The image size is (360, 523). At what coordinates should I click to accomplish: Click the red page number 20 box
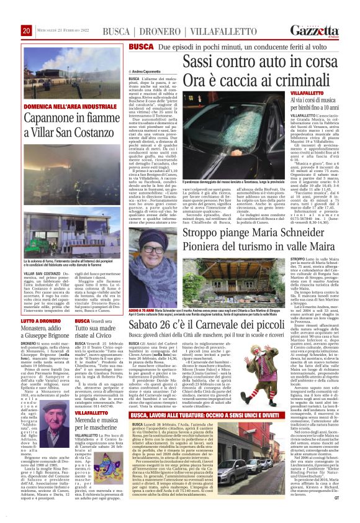(x=27, y=30)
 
